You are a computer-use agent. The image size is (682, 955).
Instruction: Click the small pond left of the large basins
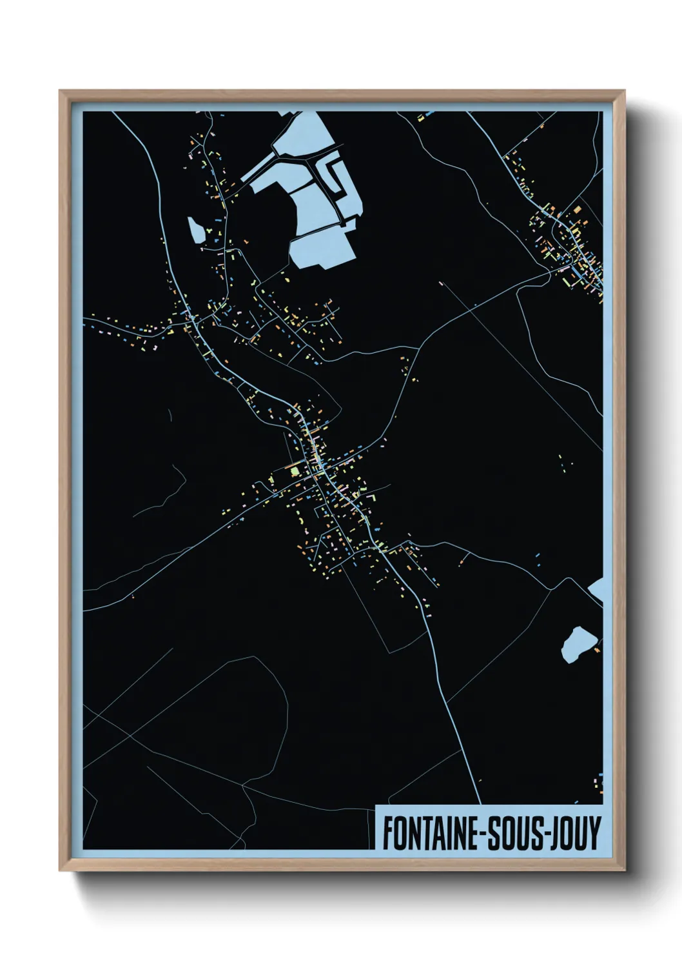pyautogui.click(x=195, y=230)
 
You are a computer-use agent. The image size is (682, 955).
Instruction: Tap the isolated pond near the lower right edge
pyautogui.click(x=579, y=643)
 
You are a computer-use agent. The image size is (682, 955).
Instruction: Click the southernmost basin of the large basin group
pyautogui.click(x=322, y=250)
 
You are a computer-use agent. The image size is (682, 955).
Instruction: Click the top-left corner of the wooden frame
pyautogui.click(x=61, y=91)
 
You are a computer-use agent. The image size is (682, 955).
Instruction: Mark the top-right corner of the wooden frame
pyautogui.click(x=624, y=91)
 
